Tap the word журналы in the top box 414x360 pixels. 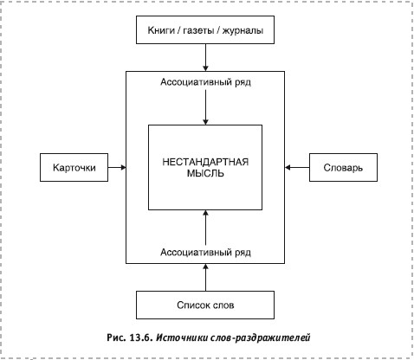(243, 30)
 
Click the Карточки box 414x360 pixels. (74, 167)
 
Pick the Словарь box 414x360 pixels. (343, 167)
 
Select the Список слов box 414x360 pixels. (205, 305)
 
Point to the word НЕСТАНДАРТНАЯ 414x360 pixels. (205, 162)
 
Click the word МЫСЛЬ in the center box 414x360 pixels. (205, 173)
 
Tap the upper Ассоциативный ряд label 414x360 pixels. (205, 82)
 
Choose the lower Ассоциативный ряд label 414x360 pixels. (205, 253)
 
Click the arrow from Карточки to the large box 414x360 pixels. (117, 167)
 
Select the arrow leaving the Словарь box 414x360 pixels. (297, 167)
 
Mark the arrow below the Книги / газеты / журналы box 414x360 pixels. (205, 57)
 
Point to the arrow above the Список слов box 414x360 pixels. (205, 277)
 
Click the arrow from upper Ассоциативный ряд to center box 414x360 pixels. (205, 107)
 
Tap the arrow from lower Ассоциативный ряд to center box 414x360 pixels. (205, 228)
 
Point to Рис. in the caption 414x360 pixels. (116, 337)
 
